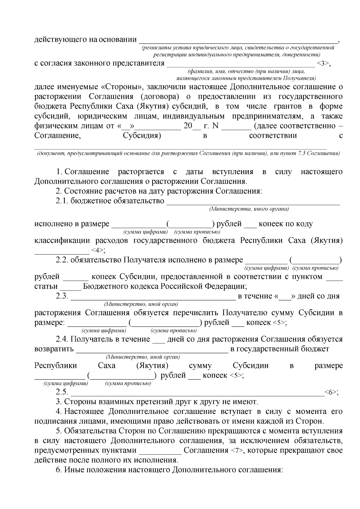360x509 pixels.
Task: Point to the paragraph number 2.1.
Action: point(62,201)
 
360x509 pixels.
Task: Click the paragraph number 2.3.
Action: point(62,296)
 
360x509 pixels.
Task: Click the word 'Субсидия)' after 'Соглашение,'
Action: point(142,135)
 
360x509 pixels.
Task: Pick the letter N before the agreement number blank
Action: point(215,126)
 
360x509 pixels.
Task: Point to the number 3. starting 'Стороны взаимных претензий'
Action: point(59,402)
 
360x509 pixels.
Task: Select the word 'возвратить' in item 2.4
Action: point(54,349)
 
